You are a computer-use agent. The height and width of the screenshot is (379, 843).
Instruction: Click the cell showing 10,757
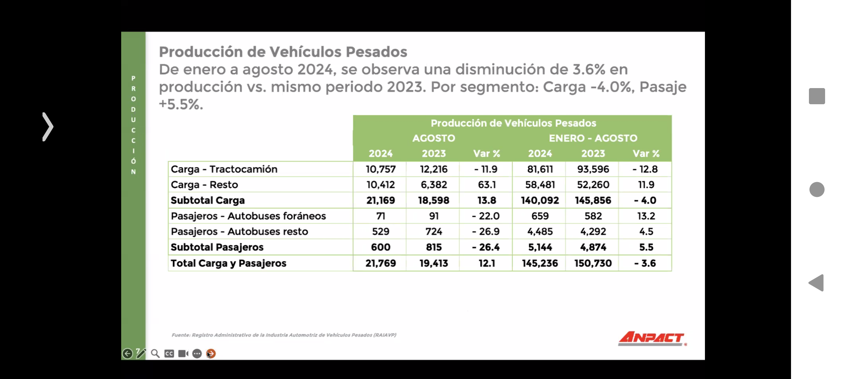pos(380,169)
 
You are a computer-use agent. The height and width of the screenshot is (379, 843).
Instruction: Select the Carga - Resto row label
pos(204,185)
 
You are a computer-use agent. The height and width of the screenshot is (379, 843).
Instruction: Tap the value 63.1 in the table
pos(486,185)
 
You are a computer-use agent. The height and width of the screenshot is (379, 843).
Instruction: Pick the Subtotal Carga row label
pos(208,200)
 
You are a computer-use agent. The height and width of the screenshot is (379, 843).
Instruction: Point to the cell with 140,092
pos(540,200)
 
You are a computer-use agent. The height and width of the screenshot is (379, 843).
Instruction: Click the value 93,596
pos(593,169)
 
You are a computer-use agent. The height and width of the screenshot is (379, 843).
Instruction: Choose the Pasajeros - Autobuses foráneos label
pos(248,216)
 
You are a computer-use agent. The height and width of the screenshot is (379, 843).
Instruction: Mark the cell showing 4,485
pos(540,232)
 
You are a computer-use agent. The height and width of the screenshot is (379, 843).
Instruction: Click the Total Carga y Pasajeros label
pos(228,263)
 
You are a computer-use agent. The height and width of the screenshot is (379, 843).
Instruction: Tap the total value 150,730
pos(593,263)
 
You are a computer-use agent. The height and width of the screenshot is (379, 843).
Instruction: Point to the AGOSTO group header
pos(433,138)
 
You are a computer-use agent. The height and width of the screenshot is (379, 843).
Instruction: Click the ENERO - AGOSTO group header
pos(593,138)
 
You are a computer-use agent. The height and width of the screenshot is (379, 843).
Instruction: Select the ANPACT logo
pos(652,339)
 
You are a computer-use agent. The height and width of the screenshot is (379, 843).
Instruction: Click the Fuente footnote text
pos(284,335)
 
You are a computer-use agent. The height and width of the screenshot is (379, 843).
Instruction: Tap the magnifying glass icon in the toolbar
pos(155,353)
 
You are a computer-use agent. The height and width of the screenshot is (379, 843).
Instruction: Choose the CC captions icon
pos(169,353)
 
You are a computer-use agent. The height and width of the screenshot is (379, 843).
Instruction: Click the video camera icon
pos(183,353)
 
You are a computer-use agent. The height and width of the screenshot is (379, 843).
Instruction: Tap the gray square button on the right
pos(817,96)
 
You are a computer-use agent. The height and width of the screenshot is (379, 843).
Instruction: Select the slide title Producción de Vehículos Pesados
pos(283,52)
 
